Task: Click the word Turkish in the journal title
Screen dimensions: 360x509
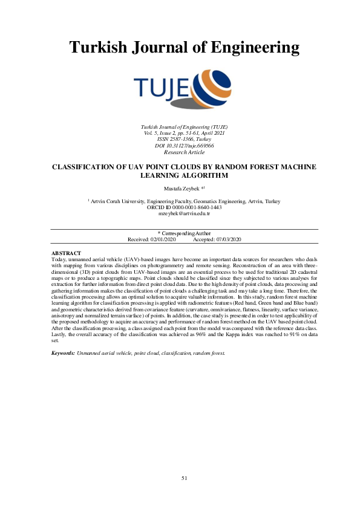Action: click(99, 47)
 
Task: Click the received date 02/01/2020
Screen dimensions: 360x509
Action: click(161, 239)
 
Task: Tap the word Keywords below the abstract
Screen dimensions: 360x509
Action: click(63, 352)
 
